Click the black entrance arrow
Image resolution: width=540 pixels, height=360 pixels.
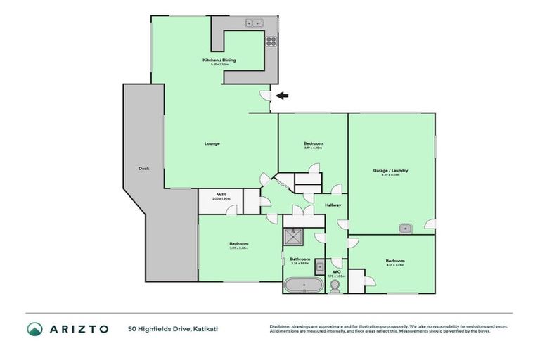coord(281,96)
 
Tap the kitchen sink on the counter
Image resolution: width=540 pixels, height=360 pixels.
coord(254,23)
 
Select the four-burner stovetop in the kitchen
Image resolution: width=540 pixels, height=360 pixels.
coord(270,39)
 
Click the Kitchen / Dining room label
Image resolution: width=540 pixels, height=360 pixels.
coord(219,60)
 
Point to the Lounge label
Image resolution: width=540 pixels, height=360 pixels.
coord(212,143)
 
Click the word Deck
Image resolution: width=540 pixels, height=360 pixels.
coord(143,169)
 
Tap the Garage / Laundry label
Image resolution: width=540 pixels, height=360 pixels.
coord(390,171)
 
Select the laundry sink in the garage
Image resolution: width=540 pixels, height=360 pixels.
coord(405,227)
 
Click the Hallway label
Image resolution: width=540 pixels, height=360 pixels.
coord(333,205)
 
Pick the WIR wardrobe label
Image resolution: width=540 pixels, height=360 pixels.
coord(221,194)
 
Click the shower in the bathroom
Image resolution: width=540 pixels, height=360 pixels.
coord(292,238)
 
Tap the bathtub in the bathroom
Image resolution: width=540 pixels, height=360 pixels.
coord(303,285)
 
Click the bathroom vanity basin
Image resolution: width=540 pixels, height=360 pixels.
coord(319,266)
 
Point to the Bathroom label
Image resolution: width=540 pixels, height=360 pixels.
coord(300,259)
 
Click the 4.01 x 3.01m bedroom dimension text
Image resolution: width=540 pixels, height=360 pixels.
coord(394,265)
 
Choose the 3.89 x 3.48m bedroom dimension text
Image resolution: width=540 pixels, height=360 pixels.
coord(238,248)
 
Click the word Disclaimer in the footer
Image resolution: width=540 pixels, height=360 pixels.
coord(279,326)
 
